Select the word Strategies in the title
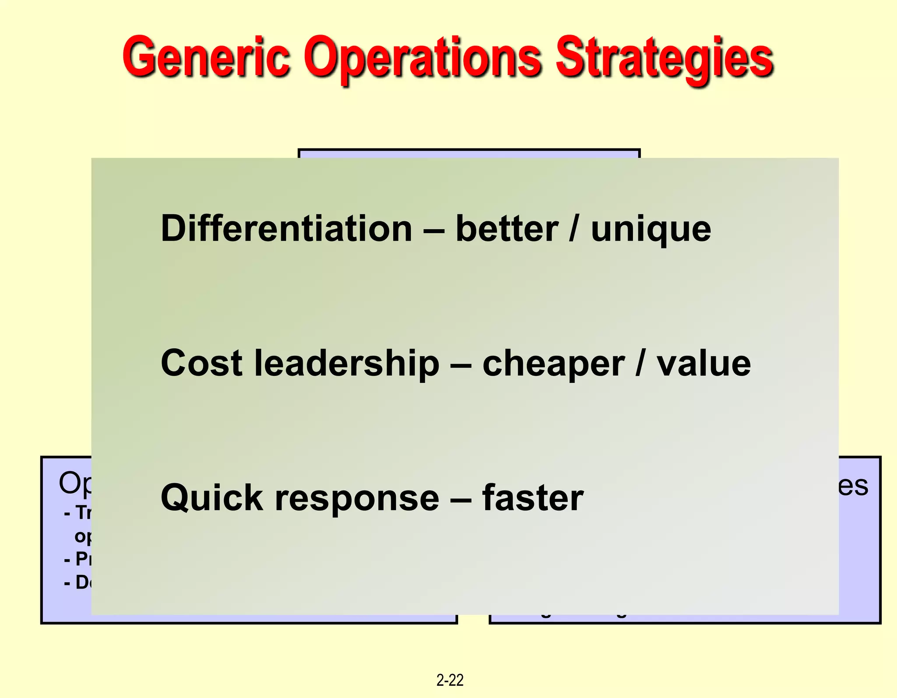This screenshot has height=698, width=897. [664, 59]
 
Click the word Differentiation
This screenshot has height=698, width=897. [286, 228]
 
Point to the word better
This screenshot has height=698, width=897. [507, 228]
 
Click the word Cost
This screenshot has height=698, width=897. [201, 363]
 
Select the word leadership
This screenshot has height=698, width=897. [346, 364]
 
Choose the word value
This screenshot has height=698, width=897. [703, 364]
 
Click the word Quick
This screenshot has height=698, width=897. [212, 498]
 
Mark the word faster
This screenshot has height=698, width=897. [533, 498]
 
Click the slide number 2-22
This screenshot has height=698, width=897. [450, 680]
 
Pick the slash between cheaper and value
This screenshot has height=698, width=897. [640, 363]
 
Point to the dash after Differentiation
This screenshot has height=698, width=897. [434, 229]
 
